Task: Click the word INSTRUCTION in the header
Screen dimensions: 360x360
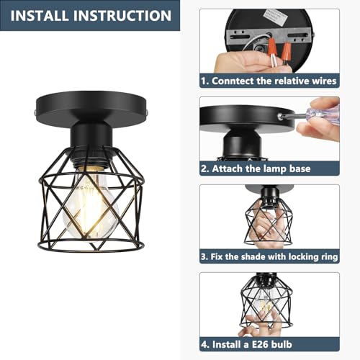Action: click(x=128, y=15)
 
